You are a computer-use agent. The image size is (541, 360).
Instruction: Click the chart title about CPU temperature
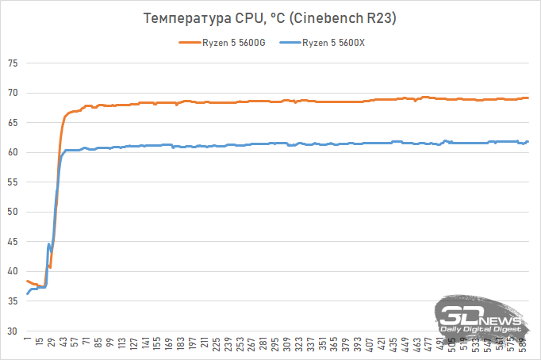click(270, 17)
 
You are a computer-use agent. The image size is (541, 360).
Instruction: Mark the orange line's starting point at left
click(28, 281)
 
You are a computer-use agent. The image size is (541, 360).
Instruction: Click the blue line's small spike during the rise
click(49, 245)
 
